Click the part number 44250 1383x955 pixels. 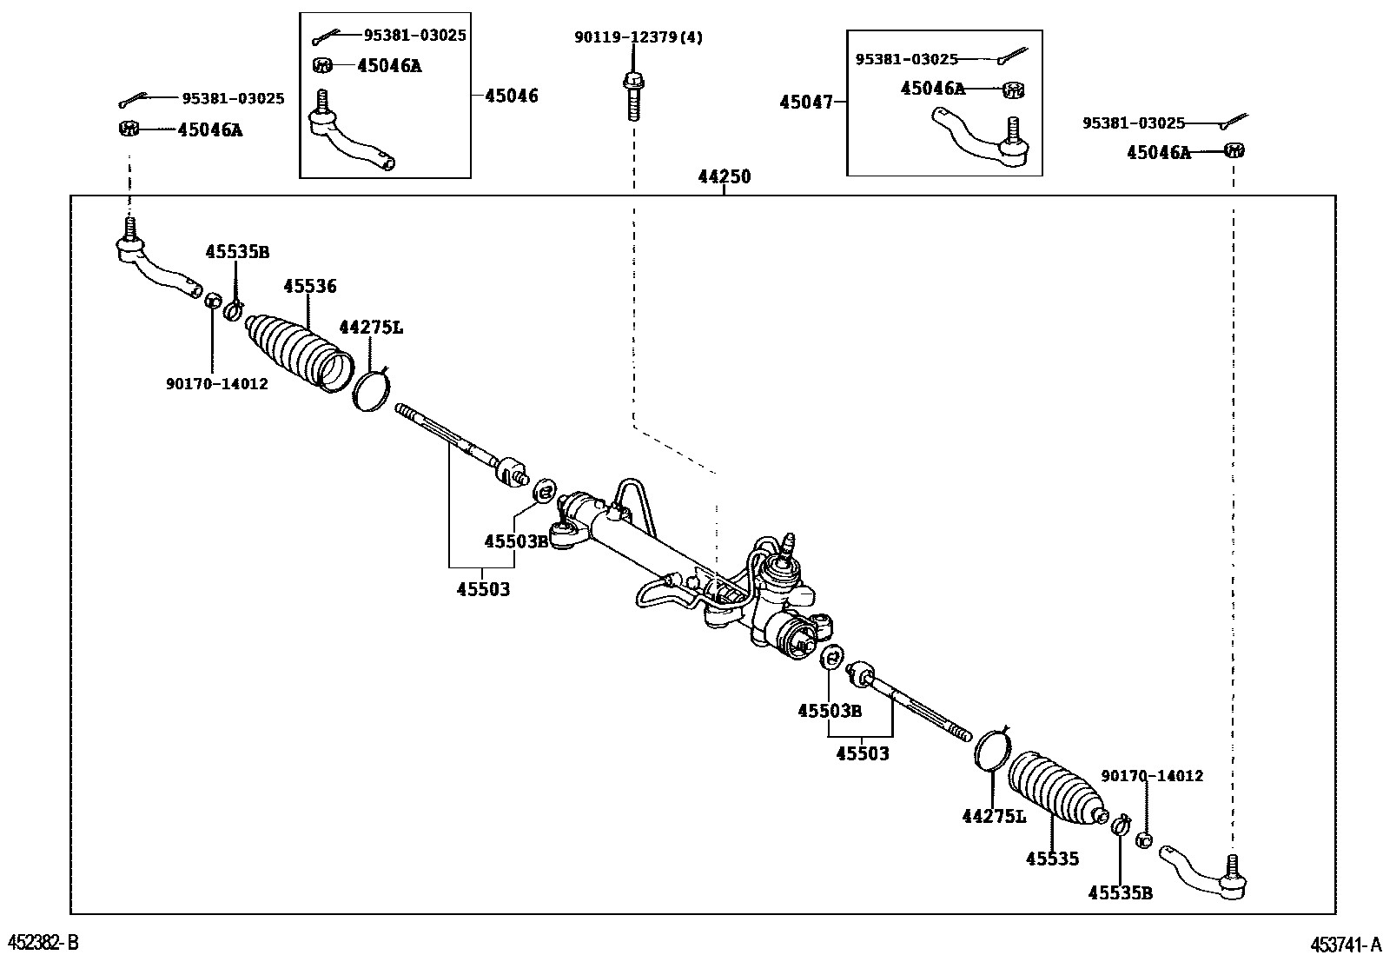pyautogui.click(x=724, y=176)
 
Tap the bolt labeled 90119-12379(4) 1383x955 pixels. pyautogui.click(x=632, y=96)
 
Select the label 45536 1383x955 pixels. pyautogui.click(x=310, y=286)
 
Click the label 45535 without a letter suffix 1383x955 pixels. pyautogui.click(x=1052, y=859)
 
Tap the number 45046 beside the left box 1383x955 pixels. pyautogui.click(x=511, y=96)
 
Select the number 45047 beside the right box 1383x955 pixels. pyautogui.click(x=805, y=102)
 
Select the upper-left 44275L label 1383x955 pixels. pyautogui.click(x=371, y=328)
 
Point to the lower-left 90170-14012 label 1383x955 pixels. pyautogui.click(x=216, y=383)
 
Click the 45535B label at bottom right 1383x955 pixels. pyautogui.click(x=1120, y=892)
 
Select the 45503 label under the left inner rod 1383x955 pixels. pyautogui.click(x=483, y=589)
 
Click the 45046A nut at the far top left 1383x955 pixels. pyautogui.click(x=128, y=129)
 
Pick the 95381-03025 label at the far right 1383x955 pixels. pyautogui.click(x=1133, y=123)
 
